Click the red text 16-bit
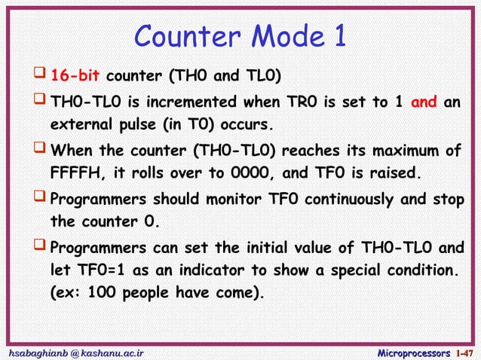point(75,76)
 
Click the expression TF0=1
point(103,270)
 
